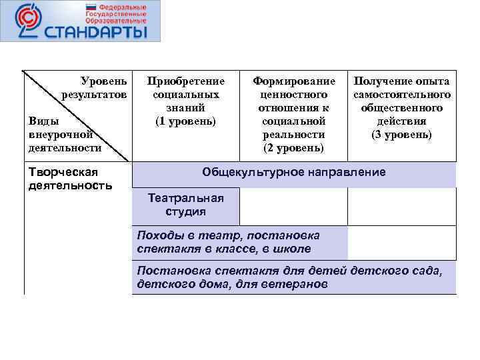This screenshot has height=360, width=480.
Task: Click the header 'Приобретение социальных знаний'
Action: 185,94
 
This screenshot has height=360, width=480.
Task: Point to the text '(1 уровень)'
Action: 185,121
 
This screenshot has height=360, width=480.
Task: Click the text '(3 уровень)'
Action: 402,134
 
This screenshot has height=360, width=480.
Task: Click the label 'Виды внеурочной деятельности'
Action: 65,134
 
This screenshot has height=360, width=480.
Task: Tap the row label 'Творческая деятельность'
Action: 70,179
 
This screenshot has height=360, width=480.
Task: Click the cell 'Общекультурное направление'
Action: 293,173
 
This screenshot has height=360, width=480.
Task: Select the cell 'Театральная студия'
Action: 185,205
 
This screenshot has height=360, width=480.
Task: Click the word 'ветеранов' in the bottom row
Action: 297,284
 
